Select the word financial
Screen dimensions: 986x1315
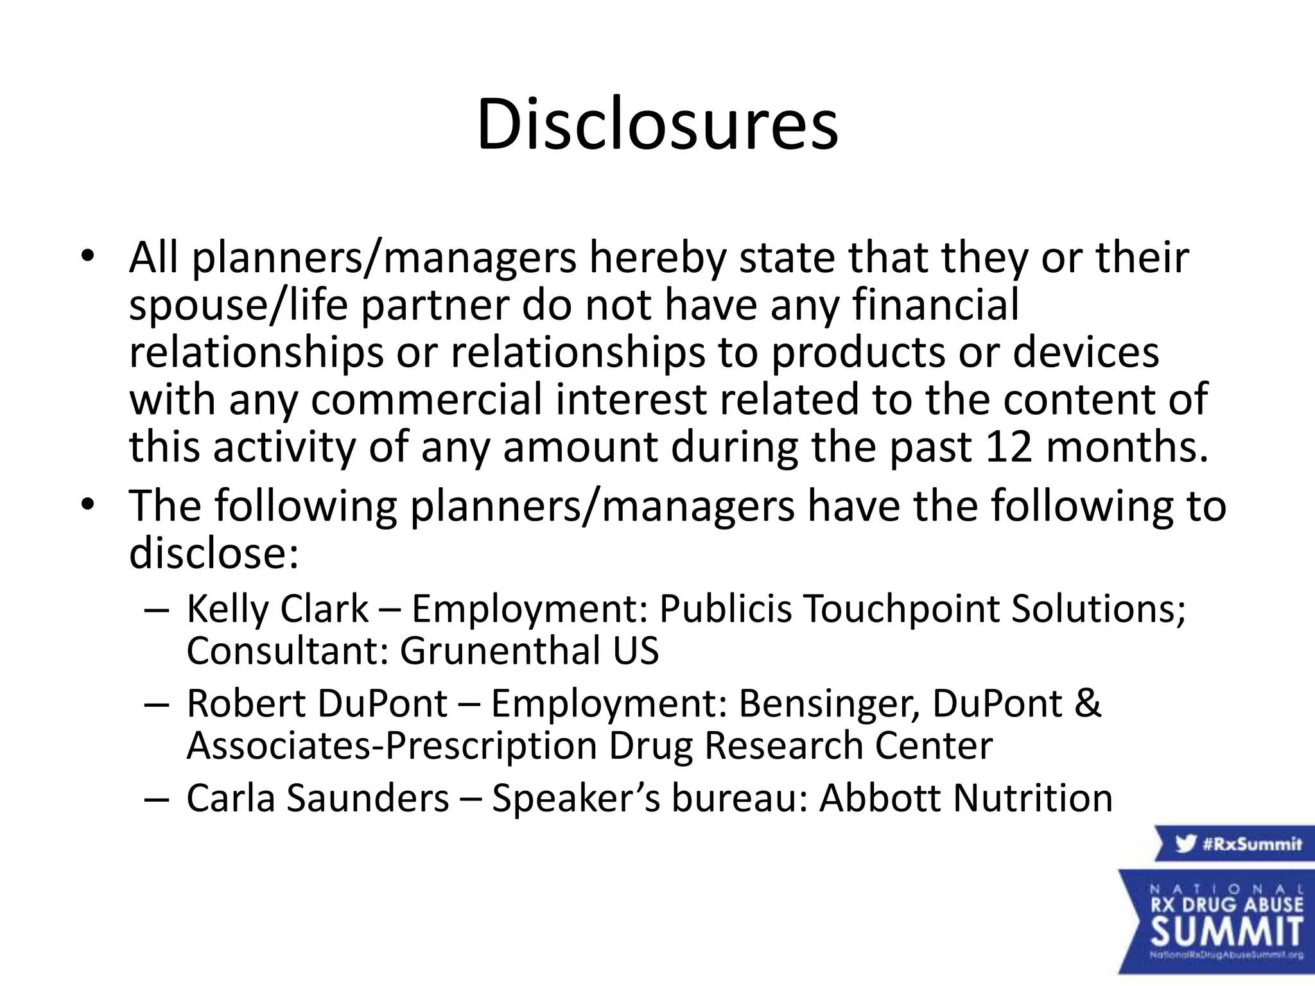936,304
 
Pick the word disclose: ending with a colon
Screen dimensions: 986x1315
214,553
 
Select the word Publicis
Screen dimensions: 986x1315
726,609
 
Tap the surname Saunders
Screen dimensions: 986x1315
367,798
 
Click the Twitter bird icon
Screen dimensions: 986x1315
1185,843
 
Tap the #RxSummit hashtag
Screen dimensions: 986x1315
1251,843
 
